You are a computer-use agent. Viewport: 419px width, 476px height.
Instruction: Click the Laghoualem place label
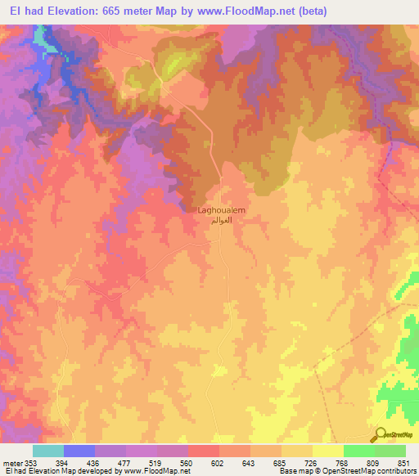pyautogui.click(x=222, y=210)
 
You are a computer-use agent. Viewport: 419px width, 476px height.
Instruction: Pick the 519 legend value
pyautogui.click(x=164, y=463)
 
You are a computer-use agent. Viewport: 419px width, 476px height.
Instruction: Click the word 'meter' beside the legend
pyautogui.click(x=12, y=463)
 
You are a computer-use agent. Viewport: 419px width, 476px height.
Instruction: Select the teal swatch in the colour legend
pyautogui.click(x=48, y=451)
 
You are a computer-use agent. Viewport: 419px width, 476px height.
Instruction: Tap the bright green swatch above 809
pyautogui.click(x=359, y=451)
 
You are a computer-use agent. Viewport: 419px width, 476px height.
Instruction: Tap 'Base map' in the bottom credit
pyautogui.click(x=293, y=472)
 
